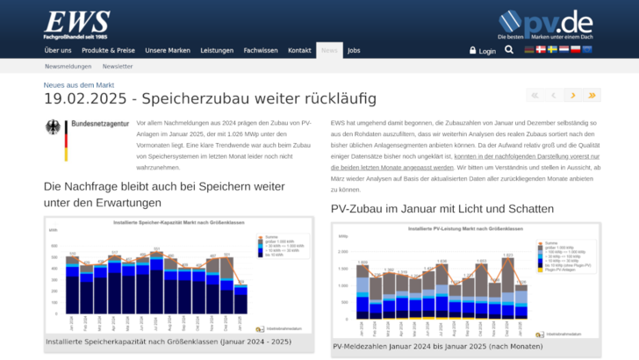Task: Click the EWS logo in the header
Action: click(x=76, y=25)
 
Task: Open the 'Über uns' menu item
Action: click(x=58, y=51)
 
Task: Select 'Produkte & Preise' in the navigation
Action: click(x=108, y=51)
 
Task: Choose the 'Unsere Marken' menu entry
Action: click(x=168, y=51)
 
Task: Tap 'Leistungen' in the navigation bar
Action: click(x=217, y=51)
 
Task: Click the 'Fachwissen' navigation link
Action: click(x=261, y=51)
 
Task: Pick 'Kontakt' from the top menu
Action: click(x=300, y=51)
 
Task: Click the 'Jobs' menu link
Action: click(x=354, y=51)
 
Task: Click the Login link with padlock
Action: click(x=483, y=51)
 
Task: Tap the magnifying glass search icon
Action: click(x=509, y=50)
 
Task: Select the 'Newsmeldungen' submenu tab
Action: click(x=68, y=67)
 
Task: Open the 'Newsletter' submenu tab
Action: click(x=118, y=67)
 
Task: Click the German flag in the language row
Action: click(x=529, y=50)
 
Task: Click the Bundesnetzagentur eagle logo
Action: click(x=55, y=140)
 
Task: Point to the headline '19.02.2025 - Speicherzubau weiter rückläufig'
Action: click(x=210, y=97)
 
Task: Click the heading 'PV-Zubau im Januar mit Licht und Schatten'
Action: click(x=442, y=209)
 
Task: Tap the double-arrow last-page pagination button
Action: click(x=592, y=95)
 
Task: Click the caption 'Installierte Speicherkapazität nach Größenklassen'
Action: click(x=169, y=342)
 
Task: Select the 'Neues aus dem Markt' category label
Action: click(x=79, y=84)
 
